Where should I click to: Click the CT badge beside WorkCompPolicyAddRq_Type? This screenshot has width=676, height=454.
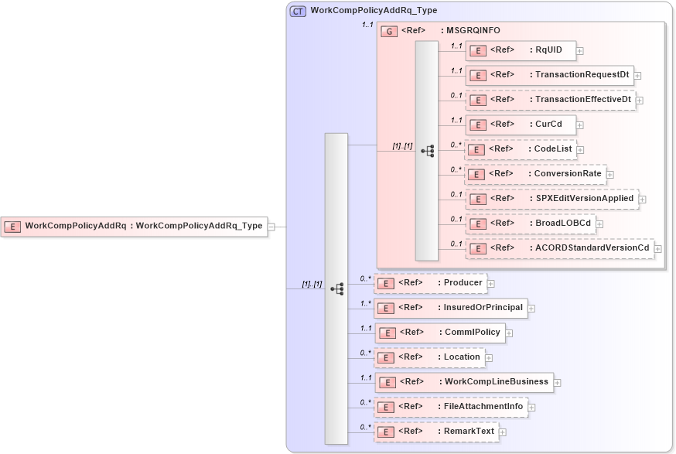(298, 11)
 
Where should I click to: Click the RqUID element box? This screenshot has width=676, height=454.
(520, 50)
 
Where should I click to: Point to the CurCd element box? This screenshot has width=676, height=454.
(520, 125)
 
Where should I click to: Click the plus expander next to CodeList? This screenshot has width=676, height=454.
(581, 150)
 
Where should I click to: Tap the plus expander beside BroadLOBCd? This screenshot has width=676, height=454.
(599, 224)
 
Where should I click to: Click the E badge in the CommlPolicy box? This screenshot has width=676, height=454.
(388, 333)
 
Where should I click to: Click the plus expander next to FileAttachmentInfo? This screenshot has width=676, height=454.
(532, 408)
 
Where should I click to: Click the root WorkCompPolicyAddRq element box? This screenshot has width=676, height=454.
(134, 227)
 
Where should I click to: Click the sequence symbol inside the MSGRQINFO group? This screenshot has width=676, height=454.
(427, 151)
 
